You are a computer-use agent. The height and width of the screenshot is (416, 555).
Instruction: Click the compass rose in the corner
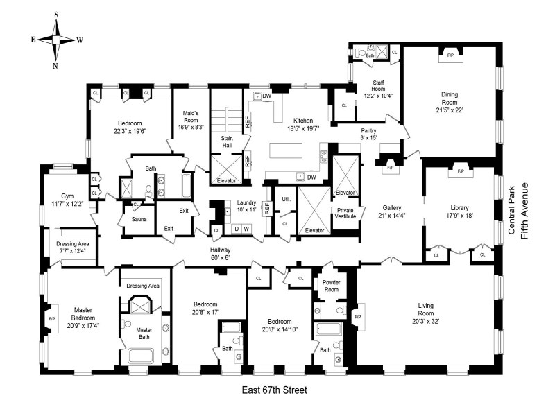pyautogui.click(x=56, y=40)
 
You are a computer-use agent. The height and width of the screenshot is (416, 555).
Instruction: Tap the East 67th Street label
pyautogui.click(x=274, y=390)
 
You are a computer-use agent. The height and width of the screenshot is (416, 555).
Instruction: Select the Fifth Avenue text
pyautogui.click(x=524, y=211)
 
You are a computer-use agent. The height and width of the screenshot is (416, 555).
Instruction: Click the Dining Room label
pyautogui.click(x=450, y=98)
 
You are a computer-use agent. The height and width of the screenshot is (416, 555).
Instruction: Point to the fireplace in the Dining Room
pyautogui.click(x=450, y=55)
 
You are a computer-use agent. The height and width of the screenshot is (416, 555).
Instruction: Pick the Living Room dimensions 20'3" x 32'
pyautogui.click(x=425, y=322)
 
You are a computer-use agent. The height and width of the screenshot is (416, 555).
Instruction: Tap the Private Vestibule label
pyautogui.click(x=345, y=213)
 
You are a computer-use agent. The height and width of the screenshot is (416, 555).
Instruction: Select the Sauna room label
pyautogui.click(x=139, y=219)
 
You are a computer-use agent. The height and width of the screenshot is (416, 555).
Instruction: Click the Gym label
pyautogui.click(x=67, y=196)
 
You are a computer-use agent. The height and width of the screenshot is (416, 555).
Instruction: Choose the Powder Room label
pyautogui.click(x=332, y=286)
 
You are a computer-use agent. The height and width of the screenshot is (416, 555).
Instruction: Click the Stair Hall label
pyautogui.click(x=227, y=141)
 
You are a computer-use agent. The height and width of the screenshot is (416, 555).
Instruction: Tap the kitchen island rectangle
pyautogui.click(x=286, y=150)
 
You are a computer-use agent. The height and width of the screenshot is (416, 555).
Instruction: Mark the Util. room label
pyautogui.click(x=287, y=199)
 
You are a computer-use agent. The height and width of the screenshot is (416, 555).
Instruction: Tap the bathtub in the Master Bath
pyautogui.click(x=141, y=356)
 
